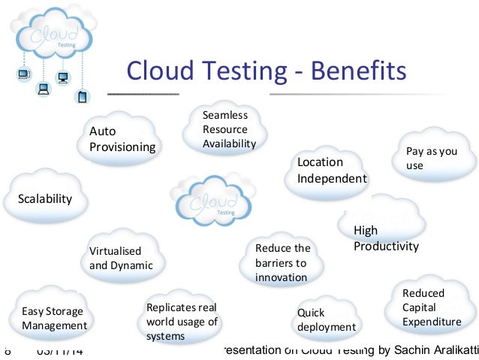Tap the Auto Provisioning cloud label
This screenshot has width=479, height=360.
(x=122, y=138)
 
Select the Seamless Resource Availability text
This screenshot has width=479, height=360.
(x=229, y=129)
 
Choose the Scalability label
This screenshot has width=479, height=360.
(x=45, y=199)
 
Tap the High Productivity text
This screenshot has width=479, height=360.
(x=386, y=238)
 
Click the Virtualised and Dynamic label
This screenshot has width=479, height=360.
(x=121, y=258)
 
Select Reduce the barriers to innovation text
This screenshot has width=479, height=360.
(x=282, y=262)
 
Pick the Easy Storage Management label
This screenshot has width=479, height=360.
(x=54, y=319)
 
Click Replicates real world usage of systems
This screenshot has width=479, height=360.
(x=182, y=322)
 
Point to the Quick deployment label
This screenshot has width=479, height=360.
(x=326, y=319)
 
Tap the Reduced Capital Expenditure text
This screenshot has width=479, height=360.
(x=432, y=307)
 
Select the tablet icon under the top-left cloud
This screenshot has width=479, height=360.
(x=82, y=96)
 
